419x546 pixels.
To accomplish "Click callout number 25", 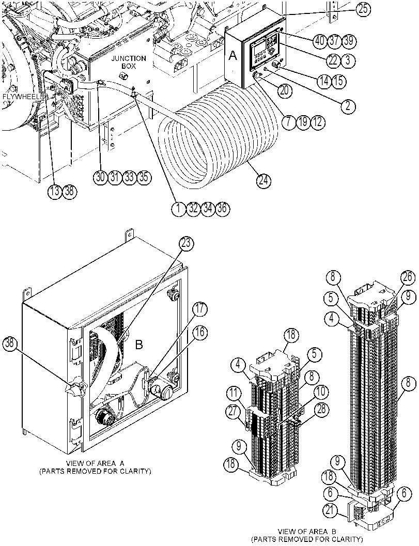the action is (x=363, y=9).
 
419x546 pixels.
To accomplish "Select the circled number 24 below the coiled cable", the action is (x=264, y=180).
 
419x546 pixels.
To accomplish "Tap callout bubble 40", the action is (x=319, y=41).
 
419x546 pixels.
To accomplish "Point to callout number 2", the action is (x=348, y=106).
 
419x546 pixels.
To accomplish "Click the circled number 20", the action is (x=284, y=90).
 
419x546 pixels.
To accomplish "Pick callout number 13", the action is (x=54, y=192).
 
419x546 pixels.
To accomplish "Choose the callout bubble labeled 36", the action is (x=222, y=208).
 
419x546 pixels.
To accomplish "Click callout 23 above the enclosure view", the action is (x=186, y=243).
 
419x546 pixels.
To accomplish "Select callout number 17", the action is (x=200, y=309).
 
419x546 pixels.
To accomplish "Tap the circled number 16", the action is (x=200, y=333).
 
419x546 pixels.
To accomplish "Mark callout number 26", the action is (x=408, y=278).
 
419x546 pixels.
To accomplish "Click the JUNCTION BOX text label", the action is (x=129, y=62).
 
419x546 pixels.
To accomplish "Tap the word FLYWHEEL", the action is (x=20, y=96).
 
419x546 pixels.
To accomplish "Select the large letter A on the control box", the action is (x=232, y=56).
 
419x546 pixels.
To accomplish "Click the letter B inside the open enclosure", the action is (x=139, y=345).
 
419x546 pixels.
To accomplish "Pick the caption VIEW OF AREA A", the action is (x=95, y=463).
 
